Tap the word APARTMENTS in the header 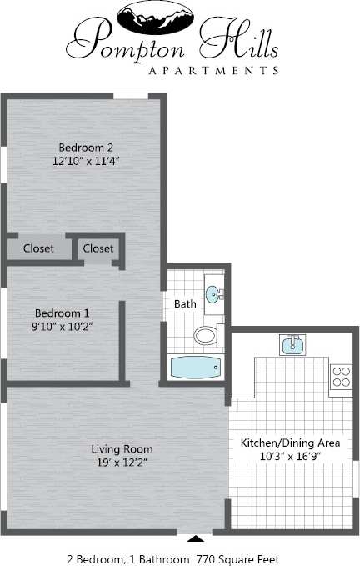coord(212,70)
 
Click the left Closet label coord(38,248)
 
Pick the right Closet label coord(98,248)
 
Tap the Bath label coord(185,304)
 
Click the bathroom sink coord(214,294)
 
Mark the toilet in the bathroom coord(206,336)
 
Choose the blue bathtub coord(196,367)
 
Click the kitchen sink coord(292,345)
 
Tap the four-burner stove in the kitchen coord(341,377)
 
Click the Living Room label coord(122,449)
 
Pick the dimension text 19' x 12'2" coord(122,463)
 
